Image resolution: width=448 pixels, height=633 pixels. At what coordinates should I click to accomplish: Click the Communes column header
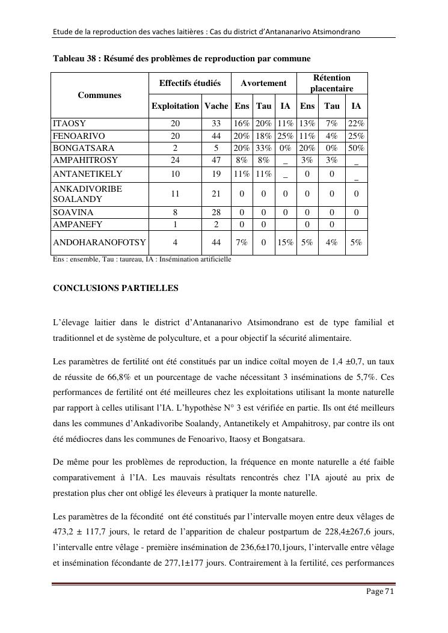pyautogui.click(x=99, y=95)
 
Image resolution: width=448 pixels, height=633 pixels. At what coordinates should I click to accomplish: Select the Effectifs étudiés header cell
pyautogui.click(x=189, y=84)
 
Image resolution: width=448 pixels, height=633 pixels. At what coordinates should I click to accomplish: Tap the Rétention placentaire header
pyautogui.click(x=331, y=84)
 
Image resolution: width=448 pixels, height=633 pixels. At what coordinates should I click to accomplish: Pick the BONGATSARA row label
pyautogui.click(x=84, y=148)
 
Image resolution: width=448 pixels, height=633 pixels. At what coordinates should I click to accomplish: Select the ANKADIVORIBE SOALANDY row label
pyautogui.click(x=88, y=194)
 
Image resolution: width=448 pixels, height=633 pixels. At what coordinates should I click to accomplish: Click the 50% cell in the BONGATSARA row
pyautogui.click(x=356, y=148)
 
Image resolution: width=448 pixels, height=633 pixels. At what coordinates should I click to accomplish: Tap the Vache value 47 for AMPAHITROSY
pyautogui.click(x=216, y=161)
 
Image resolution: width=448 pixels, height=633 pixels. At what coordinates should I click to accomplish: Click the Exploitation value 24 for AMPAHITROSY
pyautogui.click(x=175, y=161)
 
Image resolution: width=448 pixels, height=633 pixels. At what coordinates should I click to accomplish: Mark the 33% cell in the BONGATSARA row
pyautogui.click(x=263, y=148)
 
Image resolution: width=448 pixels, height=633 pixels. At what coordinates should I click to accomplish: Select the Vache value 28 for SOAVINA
pyautogui.click(x=216, y=212)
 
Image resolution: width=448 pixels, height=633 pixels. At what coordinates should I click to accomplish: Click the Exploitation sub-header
pyautogui.click(x=175, y=106)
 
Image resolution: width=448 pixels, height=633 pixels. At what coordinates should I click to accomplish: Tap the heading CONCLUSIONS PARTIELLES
pyautogui.click(x=115, y=288)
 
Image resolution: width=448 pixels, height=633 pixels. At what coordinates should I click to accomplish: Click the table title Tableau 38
pyautogui.click(x=182, y=58)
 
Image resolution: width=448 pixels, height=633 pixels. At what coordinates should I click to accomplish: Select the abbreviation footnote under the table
pyautogui.click(x=142, y=259)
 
